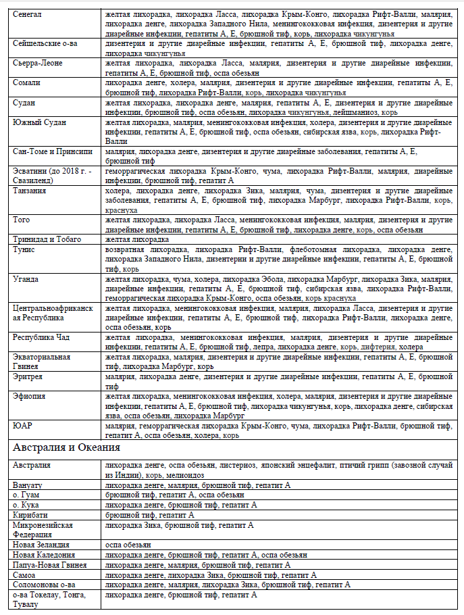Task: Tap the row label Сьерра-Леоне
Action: tap(38, 62)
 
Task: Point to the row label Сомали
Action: tap(26, 82)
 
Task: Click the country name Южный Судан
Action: tap(38, 122)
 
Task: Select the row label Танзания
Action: tap(30, 191)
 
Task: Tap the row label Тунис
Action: tap(25, 249)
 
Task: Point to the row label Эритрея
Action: tap(28, 376)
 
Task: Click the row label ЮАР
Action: tap(22, 426)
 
